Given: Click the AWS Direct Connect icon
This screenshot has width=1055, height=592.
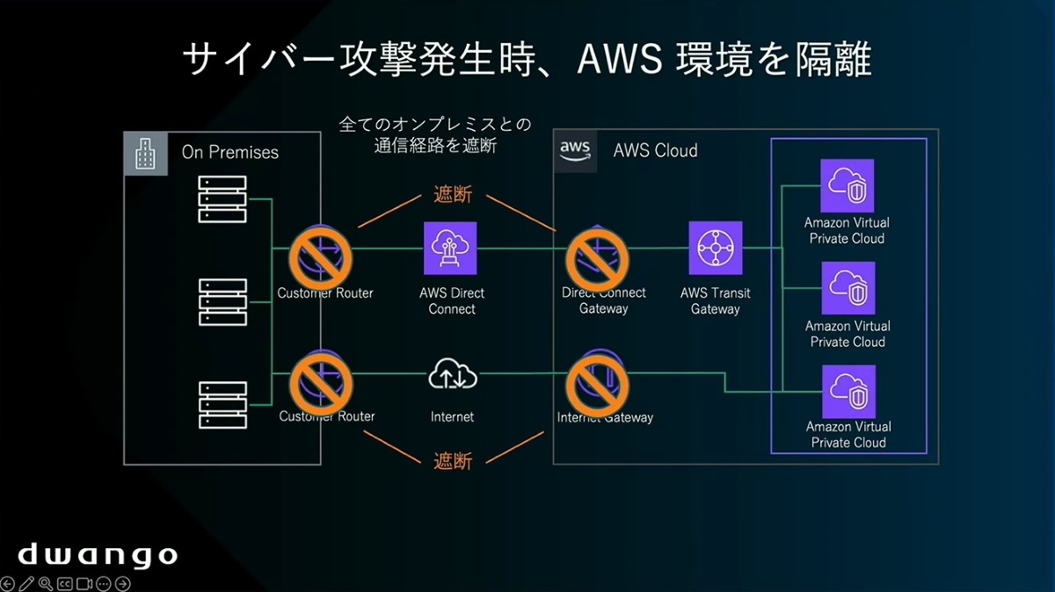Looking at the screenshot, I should [450, 249].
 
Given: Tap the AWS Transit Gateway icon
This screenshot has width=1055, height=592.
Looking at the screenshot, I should [716, 249].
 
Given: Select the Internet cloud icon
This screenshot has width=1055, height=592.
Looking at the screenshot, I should [452, 376].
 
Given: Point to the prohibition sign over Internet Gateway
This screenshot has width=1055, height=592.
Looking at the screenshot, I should [598, 379].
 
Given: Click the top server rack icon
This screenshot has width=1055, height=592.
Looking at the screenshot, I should [222, 199].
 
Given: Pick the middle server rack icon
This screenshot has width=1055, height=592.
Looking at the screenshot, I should [222, 302].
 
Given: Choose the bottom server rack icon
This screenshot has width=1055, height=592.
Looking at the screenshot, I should [222, 404].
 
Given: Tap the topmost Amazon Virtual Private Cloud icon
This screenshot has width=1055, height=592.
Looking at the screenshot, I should [848, 185].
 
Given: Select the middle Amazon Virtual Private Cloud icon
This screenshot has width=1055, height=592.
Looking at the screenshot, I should [848, 288].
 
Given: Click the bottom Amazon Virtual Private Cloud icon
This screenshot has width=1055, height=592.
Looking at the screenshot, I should [848, 391].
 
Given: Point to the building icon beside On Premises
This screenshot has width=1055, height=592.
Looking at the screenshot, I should [145, 154].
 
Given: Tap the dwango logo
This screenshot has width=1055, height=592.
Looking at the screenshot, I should [98, 555].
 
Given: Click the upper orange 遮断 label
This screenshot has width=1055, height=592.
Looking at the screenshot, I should [453, 195].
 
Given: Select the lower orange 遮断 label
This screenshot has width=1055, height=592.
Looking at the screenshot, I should [453, 461].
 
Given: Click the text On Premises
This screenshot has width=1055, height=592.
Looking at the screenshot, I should [230, 153].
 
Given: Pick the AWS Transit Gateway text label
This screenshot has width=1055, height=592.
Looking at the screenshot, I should [716, 300].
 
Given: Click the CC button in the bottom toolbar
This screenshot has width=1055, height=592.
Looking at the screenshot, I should [64, 583].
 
